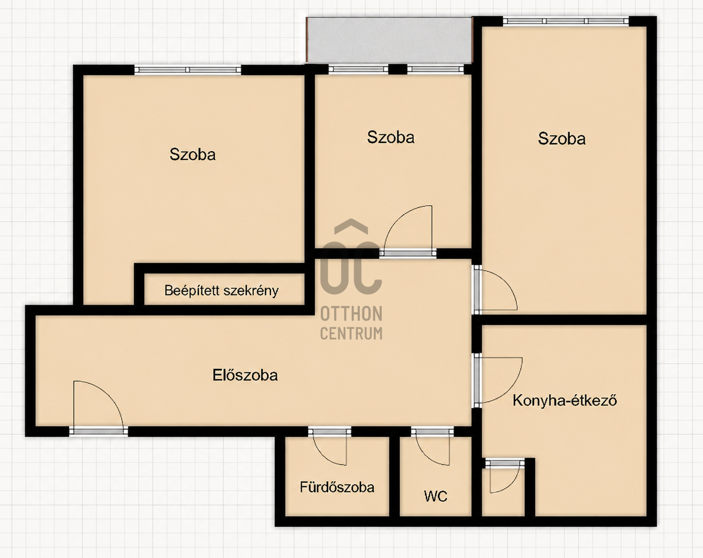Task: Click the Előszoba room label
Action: [x=245, y=375]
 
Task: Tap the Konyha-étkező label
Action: [x=565, y=400]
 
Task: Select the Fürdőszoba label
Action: [x=337, y=487]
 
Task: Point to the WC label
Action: [x=436, y=496]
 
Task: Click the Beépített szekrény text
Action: [x=221, y=290]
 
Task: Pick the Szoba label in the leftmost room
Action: [x=192, y=154]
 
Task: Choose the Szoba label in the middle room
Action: [x=391, y=137]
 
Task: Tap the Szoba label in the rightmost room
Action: [x=562, y=138]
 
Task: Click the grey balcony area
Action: [x=389, y=40]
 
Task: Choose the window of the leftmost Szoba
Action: [x=187, y=70]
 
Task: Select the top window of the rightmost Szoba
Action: [x=566, y=21]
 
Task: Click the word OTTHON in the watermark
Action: [x=351, y=313]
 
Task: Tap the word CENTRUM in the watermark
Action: [x=351, y=333]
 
